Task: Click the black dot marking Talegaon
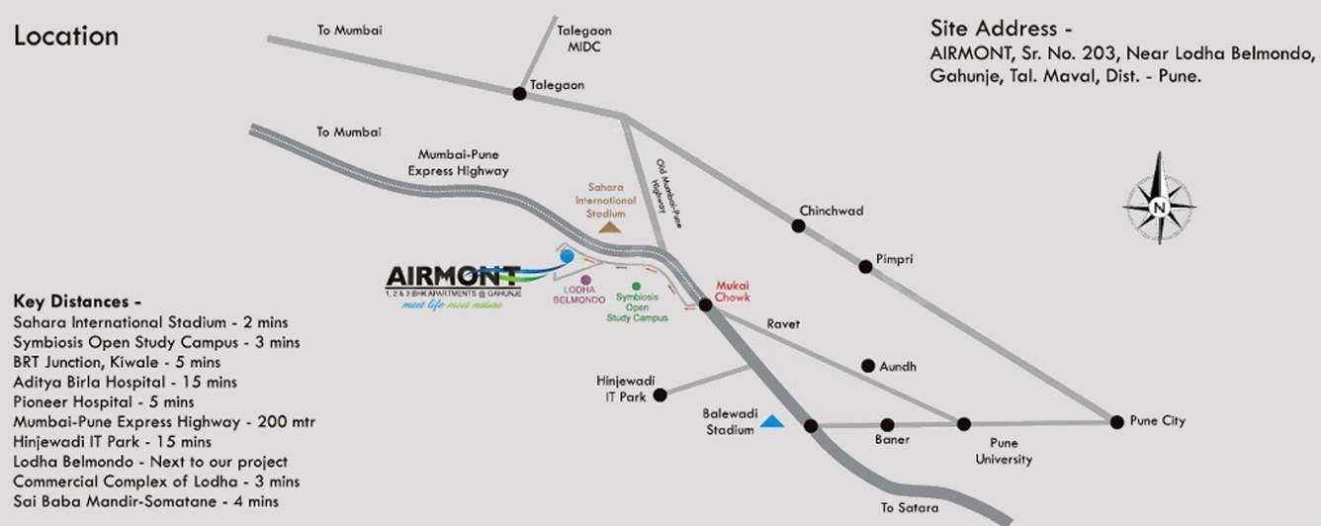518,93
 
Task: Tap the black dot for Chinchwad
798,225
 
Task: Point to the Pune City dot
1117,421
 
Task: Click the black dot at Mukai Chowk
706,305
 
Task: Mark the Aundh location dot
868,365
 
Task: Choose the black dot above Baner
887,425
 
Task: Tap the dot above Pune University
964,424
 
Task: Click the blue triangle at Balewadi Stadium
772,422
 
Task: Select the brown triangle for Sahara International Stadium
610,226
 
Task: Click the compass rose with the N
1159,206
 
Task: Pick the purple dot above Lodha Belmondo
586,280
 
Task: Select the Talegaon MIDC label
579,39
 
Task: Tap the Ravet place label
782,323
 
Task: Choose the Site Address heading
1001,28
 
